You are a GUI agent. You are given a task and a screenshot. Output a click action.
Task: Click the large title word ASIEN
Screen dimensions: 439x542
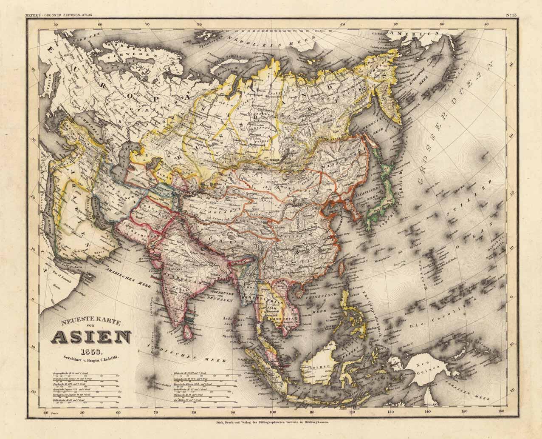[x=91, y=339]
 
